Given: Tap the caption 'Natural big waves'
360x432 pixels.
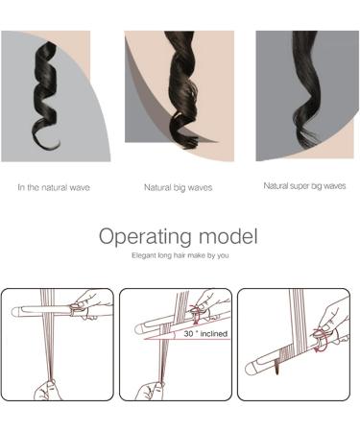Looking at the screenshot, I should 179,187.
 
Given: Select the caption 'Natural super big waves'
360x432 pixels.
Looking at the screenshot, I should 304,186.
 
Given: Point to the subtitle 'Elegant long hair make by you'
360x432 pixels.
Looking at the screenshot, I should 180,256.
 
